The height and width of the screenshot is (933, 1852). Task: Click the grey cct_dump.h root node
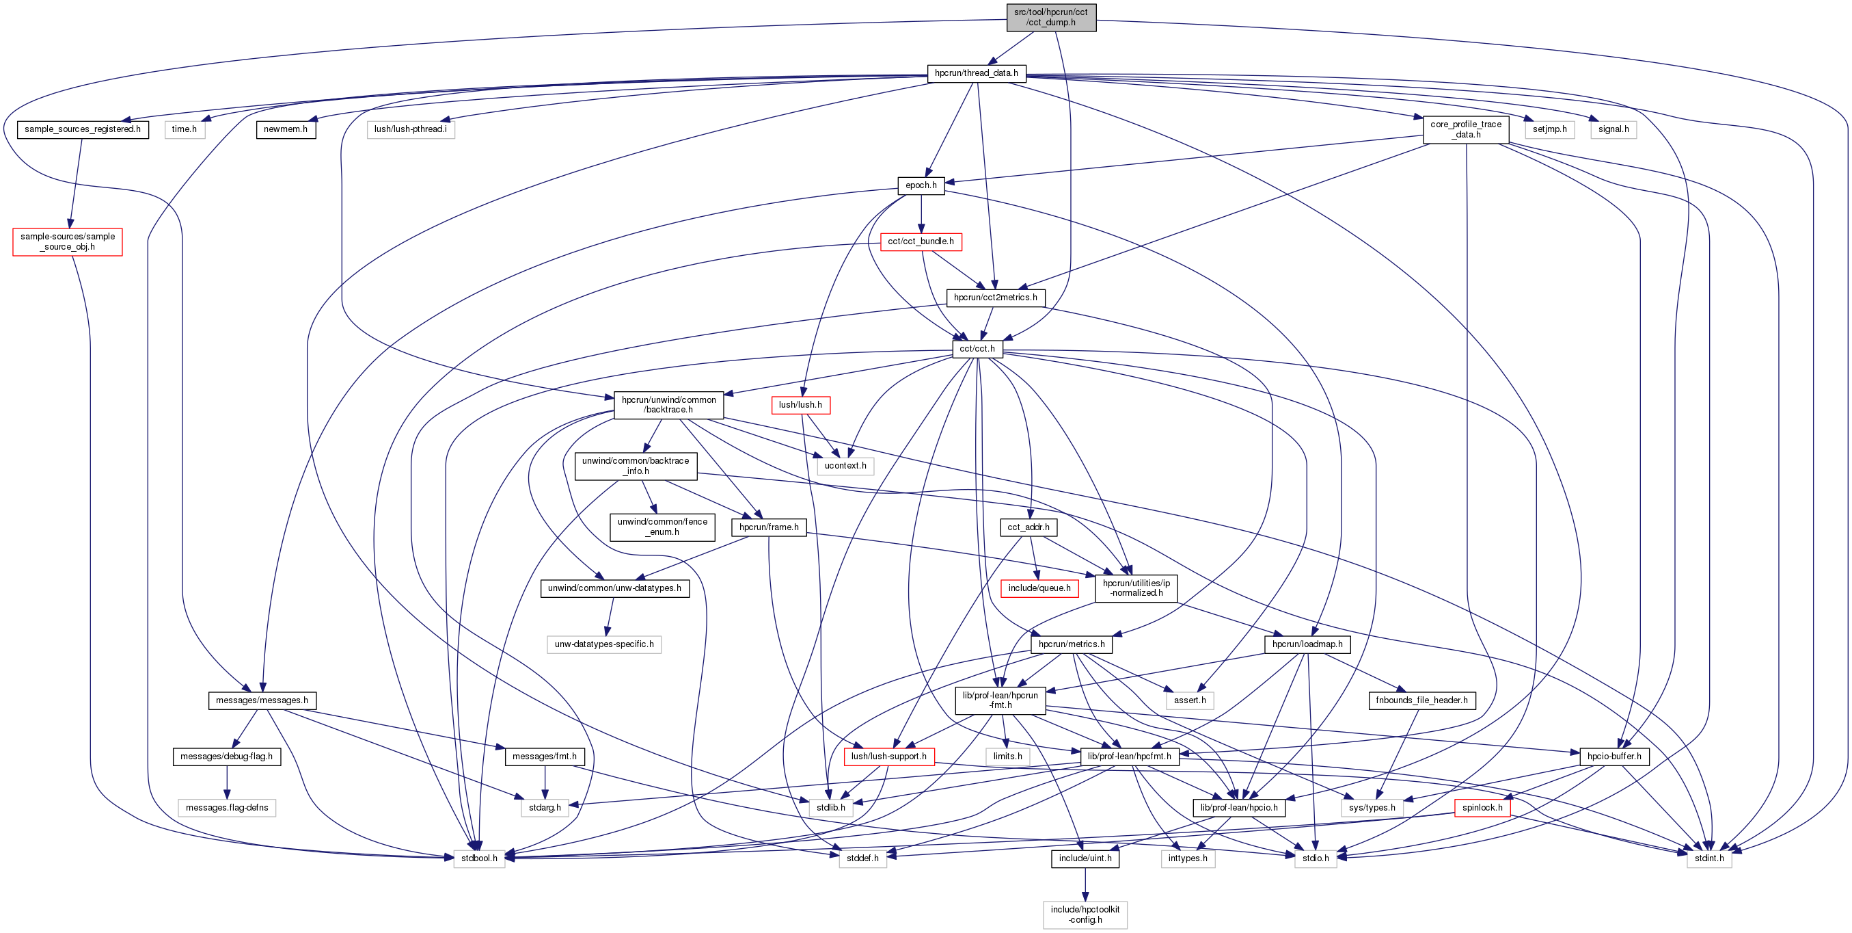[1050, 17]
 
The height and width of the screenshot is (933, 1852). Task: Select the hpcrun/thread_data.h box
[976, 73]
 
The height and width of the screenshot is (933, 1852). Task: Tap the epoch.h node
[921, 185]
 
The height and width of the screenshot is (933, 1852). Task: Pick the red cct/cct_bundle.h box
[921, 241]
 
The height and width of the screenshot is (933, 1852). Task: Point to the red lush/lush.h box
[800, 405]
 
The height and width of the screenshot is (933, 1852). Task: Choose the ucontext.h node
[845, 466]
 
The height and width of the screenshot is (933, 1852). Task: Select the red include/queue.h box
[1039, 588]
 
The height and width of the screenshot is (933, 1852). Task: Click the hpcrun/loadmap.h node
[1307, 644]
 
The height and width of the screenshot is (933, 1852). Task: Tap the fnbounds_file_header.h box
[1421, 700]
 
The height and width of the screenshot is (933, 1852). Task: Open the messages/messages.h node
[262, 700]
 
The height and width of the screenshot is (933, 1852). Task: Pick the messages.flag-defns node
[226, 808]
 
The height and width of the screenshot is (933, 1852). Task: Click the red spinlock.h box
[1482, 808]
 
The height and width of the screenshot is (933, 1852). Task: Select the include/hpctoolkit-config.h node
[1084, 915]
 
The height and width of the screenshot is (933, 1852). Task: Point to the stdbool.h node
[479, 858]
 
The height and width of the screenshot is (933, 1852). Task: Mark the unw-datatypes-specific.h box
[603, 644]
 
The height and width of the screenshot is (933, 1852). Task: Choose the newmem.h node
[286, 129]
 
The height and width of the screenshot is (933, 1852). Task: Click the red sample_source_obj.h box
[67, 241]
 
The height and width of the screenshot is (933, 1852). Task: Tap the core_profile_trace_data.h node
[1465, 129]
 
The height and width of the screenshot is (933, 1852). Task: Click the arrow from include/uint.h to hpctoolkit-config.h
[1084, 885]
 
